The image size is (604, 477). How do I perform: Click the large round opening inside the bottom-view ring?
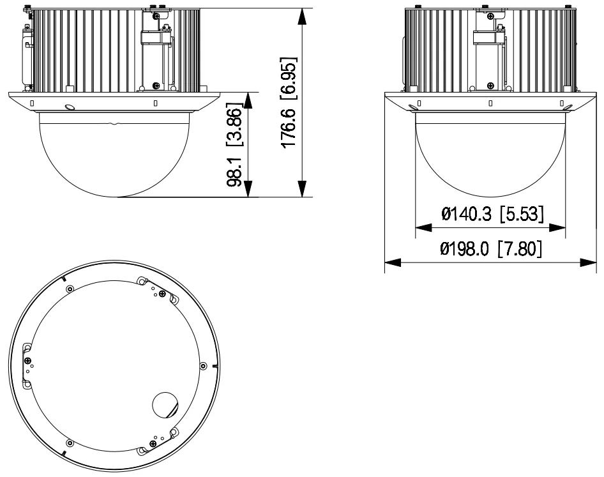pos(166,404)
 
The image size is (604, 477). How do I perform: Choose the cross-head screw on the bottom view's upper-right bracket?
pos(162,294)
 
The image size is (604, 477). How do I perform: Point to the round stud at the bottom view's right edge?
pos(203,366)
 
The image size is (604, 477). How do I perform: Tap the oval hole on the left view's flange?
pos(70,108)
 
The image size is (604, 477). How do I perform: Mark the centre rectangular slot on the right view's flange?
pos(490,103)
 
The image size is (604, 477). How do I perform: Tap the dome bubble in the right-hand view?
pos(490,153)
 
